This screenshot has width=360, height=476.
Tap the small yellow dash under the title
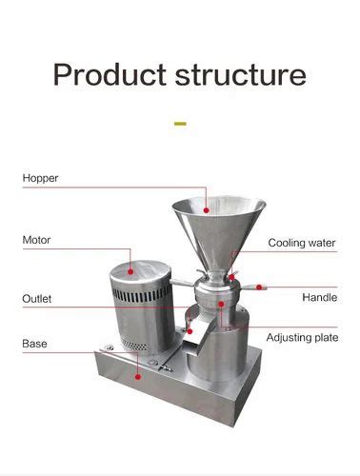tap(180, 123)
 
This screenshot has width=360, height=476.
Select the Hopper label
tap(42, 178)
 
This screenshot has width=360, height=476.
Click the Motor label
tap(37, 240)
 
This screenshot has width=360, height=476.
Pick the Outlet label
tap(37, 299)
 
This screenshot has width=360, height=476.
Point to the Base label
tap(35, 343)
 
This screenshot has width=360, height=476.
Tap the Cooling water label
tap(301, 244)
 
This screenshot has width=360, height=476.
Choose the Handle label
tap(319, 297)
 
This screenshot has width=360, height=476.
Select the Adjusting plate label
tap(302, 337)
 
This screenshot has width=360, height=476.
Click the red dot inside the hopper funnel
tap(209, 210)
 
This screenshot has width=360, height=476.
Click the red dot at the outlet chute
tap(190, 332)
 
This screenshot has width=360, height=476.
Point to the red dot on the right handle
tap(258, 285)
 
